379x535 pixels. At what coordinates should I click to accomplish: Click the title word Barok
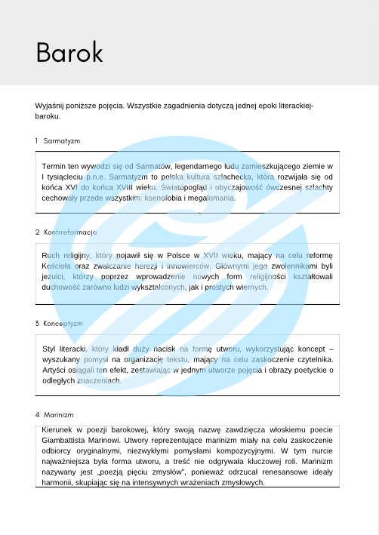tap(69, 52)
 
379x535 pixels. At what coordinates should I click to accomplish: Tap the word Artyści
tap(57, 370)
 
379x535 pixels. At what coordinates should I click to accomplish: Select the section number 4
tap(37, 414)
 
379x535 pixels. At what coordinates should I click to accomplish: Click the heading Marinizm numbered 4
tap(59, 414)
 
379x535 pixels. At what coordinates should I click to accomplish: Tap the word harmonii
tap(57, 481)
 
